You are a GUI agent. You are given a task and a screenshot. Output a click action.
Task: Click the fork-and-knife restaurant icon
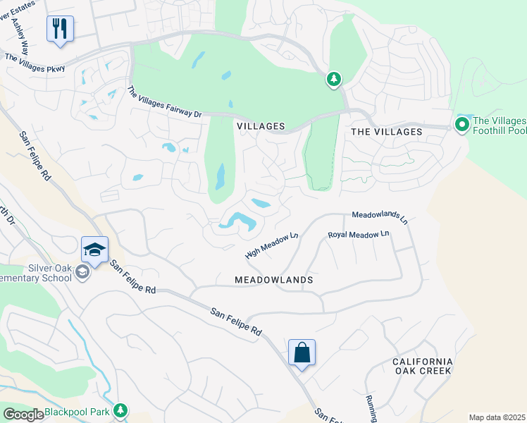point(60,29)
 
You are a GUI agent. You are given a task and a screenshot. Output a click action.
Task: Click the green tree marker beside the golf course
point(333,80)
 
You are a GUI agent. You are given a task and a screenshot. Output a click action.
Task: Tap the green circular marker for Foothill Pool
point(461,125)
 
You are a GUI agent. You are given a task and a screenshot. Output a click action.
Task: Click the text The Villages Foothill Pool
point(498,126)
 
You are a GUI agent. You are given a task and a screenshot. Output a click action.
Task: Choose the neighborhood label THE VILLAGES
point(386,132)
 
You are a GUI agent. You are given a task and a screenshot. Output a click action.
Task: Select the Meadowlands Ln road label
point(380,216)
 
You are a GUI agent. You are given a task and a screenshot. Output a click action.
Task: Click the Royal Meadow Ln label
point(358,235)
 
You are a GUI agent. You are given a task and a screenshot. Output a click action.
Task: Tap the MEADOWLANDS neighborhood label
point(274,280)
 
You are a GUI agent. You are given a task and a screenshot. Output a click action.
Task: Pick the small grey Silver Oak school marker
point(82,273)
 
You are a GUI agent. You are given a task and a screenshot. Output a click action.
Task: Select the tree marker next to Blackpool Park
point(120,410)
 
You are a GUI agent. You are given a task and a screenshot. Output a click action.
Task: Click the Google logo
point(24,415)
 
